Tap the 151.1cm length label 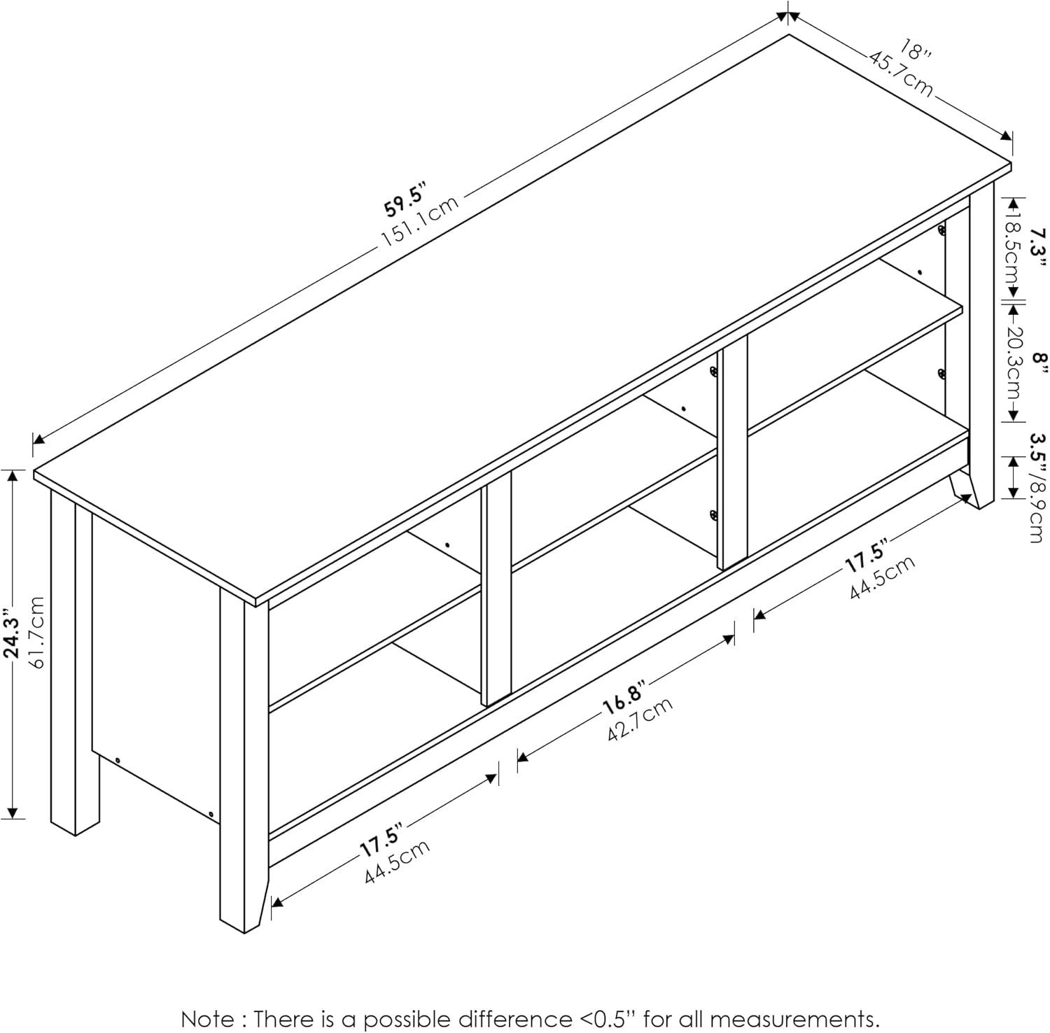419,220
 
